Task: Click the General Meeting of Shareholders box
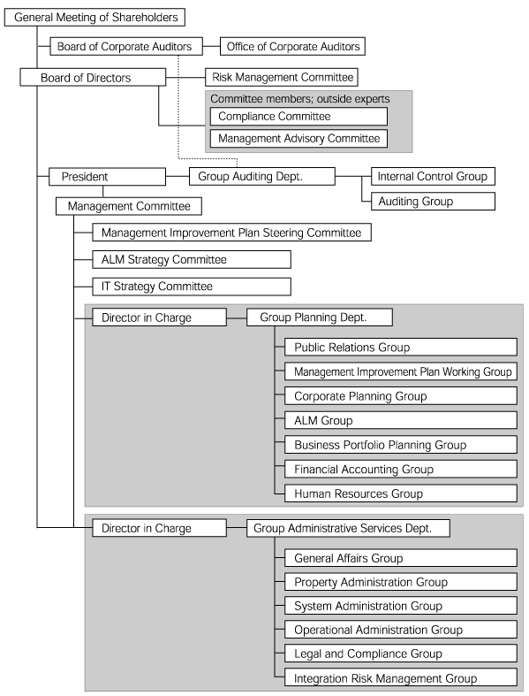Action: tap(94, 18)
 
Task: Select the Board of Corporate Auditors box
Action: tap(126, 46)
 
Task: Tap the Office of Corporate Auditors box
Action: tap(292, 46)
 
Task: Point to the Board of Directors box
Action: tap(93, 77)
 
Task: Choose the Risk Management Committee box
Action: tap(282, 77)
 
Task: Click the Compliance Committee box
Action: tap(299, 117)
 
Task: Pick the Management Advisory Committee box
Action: tap(299, 139)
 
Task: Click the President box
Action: tap(107, 177)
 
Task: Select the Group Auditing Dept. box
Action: tap(262, 176)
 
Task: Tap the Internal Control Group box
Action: tap(433, 176)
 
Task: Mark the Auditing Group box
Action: tap(433, 201)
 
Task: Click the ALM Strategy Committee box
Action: tap(192, 260)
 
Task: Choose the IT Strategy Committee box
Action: tap(192, 287)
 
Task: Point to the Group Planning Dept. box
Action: tap(320, 317)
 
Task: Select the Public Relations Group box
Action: tap(400, 347)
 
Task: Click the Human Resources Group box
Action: tap(400, 493)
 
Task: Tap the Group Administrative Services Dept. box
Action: tap(348, 528)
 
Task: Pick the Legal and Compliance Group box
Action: tap(400, 654)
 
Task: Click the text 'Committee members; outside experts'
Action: tap(300, 99)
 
